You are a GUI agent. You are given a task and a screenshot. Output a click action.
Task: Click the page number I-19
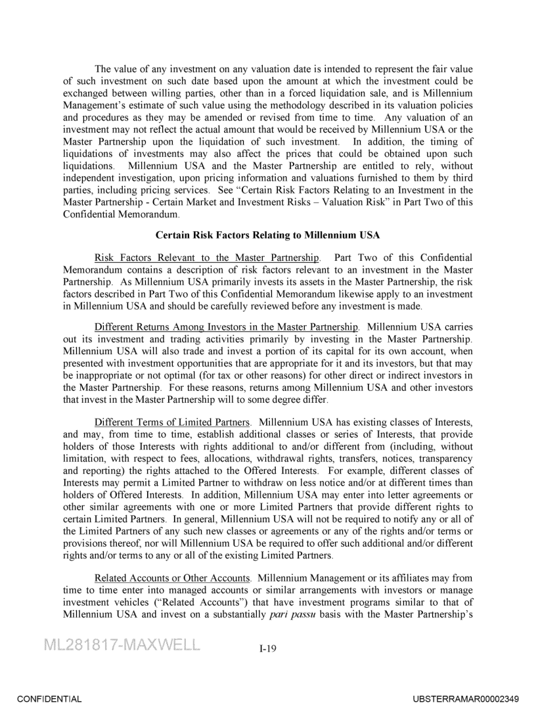pyautogui.click(x=267, y=649)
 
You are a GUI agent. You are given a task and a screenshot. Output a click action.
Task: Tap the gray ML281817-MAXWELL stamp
pyautogui.click(x=122, y=644)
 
